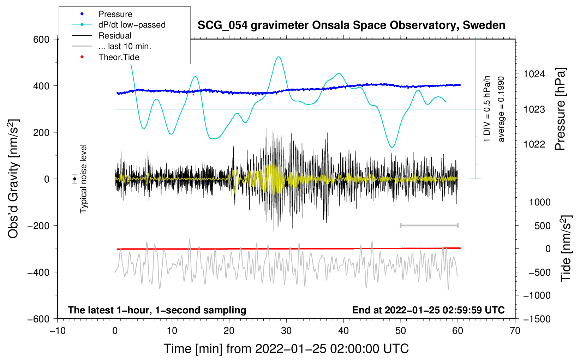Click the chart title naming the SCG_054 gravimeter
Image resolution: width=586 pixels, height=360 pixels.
(351, 25)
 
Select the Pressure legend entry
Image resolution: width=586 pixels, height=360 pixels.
(115, 14)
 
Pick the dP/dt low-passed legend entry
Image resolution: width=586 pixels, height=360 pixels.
(132, 25)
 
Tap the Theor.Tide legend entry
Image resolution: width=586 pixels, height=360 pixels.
(119, 57)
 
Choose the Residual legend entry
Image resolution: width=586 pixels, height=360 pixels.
(115, 36)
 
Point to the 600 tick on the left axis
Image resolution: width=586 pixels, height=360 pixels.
(41, 39)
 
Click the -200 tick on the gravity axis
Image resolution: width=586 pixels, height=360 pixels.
(38, 226)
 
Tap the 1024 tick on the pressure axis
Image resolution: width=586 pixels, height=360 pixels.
(534, 74)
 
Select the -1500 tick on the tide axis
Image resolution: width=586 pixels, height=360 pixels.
(537, 319)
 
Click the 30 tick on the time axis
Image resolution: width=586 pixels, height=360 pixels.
(286, 331)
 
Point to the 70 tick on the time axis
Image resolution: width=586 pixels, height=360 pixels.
(515, 331)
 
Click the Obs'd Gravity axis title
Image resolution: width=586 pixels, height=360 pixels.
(13, 179)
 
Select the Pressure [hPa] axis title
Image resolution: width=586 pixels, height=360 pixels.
(560, 109)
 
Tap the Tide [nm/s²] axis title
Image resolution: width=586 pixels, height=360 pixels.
(566, 248)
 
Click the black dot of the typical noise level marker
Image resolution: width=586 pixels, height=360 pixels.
(75, 179)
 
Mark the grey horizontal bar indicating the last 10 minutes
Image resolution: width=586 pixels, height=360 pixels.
(429, 225)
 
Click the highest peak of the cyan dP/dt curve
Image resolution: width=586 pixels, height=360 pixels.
(279, 57)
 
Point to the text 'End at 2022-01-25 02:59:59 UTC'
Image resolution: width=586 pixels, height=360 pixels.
(428, 310)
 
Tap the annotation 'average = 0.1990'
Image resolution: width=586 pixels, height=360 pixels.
(501, 109)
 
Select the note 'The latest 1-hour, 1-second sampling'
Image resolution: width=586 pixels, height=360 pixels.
(157, 310)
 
